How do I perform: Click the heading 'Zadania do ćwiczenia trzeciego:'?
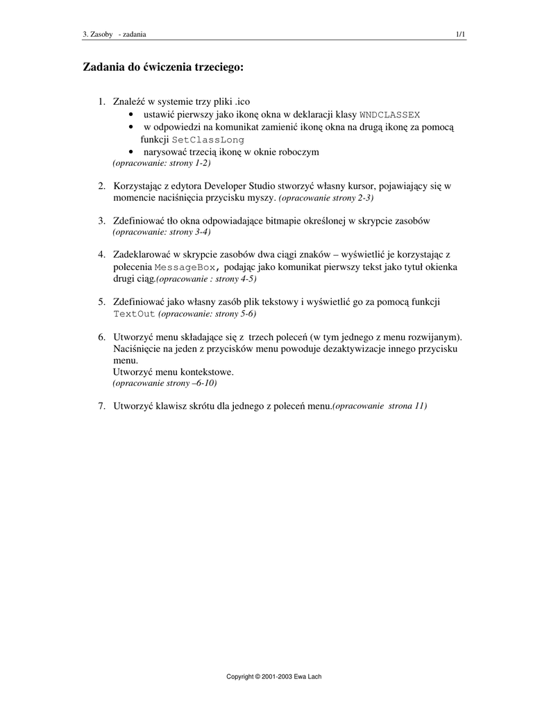[163, 67]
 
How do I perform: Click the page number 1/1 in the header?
[460, 34]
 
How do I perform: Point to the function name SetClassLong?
[208, 140]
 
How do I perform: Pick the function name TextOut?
[134, 314]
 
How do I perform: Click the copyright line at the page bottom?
[274, 676]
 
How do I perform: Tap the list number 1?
[101, 102]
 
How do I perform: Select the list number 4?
[101, 255]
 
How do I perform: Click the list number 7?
[101, 405]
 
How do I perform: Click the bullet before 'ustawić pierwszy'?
[131, 115]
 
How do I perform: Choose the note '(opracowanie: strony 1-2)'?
[161, 163]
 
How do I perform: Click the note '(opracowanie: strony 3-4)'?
[161, 231]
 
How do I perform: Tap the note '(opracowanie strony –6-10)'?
[169, 383]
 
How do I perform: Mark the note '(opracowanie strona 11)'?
[380, 406]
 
